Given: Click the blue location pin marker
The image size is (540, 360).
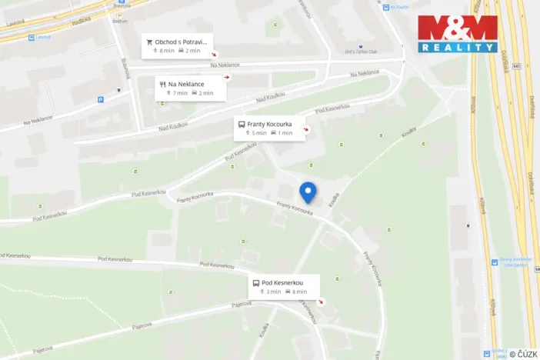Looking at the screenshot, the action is click(x=308, y=192).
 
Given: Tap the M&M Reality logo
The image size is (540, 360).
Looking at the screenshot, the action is click(x=457, y=34).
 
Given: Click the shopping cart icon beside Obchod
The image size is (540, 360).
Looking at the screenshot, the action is click(x=149, y=42).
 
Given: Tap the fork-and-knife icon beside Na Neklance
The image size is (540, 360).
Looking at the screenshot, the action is click(x=162, y=84).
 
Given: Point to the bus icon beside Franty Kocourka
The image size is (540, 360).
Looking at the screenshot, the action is click(x=241, y=124).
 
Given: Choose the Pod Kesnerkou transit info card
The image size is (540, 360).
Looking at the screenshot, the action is click(x=283, y=286).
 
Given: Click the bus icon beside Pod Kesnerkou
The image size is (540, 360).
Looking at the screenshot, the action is click(x=255, y=282).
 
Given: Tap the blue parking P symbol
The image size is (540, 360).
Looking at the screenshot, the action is click(x=100, y=99).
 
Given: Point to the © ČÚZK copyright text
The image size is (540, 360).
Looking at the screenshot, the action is click(x=523, y=354).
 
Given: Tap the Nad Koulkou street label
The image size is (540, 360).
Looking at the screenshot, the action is click(x=271, y=98).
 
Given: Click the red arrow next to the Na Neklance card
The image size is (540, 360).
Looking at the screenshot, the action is click(x=226, y=78).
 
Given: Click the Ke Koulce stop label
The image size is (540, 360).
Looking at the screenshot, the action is click(x=398, y=8).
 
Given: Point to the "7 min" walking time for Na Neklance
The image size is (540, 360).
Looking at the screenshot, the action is click(x=178, y=93).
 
